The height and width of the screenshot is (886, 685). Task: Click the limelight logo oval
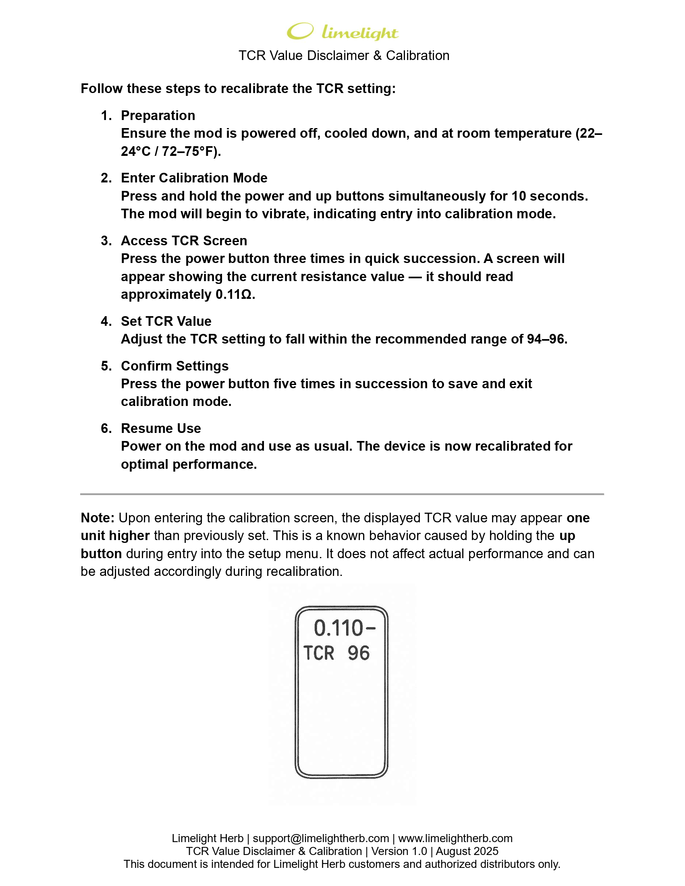[x=300, y=31]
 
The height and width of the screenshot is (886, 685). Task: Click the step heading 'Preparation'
[x=158, y=116]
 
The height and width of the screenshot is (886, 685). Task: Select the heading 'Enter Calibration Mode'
[x=194, y=178]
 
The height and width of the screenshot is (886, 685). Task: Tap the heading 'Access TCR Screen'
[x=184, y=240]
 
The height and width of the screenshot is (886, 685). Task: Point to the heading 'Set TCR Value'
[x=166, y=321]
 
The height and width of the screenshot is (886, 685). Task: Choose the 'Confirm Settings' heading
[x=174, y=366]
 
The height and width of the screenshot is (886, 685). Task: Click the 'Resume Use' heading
[x=161, y=429]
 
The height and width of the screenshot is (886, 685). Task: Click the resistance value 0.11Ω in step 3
[x=235, y=294]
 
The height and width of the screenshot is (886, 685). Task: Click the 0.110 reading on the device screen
[x=338, y=628]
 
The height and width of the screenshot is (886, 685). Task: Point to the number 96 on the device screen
[x=358, y=654]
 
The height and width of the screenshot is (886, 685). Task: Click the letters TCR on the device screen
[x=319, y=654]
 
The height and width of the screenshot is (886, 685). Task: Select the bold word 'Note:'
[x=98, y=518]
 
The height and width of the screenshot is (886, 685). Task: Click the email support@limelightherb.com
[x=321, y=838]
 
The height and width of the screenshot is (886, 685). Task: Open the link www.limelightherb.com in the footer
[x=455, y=838]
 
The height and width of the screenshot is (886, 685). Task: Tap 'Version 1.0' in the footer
[x=399, y=851]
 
